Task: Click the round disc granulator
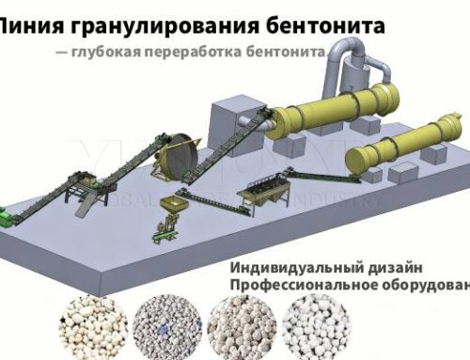pos(173,156)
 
